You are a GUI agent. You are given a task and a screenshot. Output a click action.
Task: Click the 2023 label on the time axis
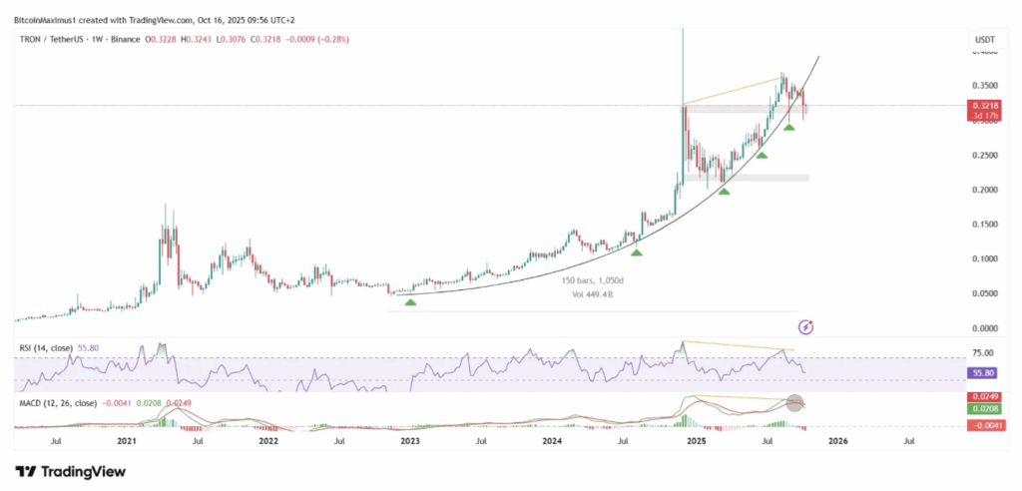(411, 439)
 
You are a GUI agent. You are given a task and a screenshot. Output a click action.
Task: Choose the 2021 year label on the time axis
(127, 439)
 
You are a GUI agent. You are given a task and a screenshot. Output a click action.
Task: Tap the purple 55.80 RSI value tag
(983, 371)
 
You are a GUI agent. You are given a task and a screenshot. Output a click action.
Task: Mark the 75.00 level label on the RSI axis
(983, 352)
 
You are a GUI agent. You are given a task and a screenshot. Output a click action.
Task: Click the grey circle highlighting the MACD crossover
(795, 404)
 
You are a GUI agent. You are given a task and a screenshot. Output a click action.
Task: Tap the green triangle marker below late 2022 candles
(410, 300)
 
